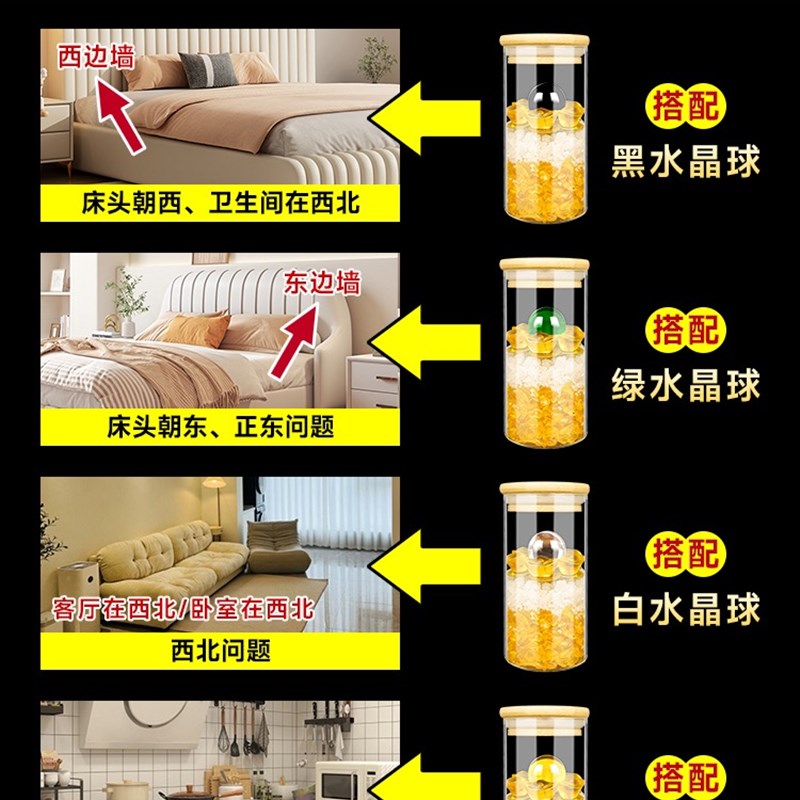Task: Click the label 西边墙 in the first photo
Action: coord(96,56)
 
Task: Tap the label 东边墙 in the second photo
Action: coord(328,283)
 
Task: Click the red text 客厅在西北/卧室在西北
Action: coord(182,607)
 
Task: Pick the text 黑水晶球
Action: coord(686,160)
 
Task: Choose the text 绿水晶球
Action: coord(686,384)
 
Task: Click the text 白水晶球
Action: coord(686,608)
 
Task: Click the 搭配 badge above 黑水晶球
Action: coord(687,105)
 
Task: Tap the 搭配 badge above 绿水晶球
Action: coord(687,328)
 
